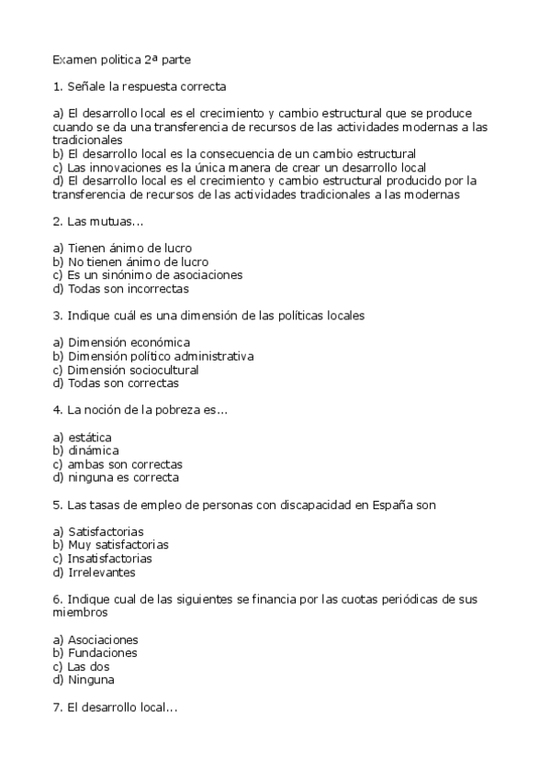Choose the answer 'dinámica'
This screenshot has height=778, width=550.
click(x=86, y=450)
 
